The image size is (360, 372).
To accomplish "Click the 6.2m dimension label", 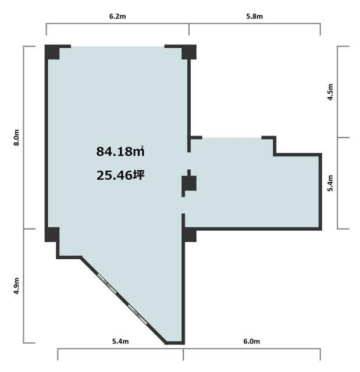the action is point(117,16).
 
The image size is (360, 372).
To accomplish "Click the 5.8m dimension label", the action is point(254,16).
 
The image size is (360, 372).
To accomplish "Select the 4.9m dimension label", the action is point(17,286).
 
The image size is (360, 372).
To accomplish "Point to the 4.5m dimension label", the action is point(330,92).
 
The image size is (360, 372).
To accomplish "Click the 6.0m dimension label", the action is point(252,341).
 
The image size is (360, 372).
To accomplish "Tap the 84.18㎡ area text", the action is point(120,152).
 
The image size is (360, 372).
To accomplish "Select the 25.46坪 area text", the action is point(120,176).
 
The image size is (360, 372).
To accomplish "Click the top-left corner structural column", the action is point(52,52).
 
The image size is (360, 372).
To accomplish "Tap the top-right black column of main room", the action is point(189,52).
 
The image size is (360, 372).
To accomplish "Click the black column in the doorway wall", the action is point(189,183).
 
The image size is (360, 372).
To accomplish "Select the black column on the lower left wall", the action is point(52,235).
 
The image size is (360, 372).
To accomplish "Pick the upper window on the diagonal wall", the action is point(107,284).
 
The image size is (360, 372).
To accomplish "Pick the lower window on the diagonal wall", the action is point(138,314).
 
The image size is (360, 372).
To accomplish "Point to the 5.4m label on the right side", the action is point(330,183).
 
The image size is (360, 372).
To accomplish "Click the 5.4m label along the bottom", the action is point(120,341).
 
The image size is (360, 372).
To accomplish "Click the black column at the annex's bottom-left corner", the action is point(189,235).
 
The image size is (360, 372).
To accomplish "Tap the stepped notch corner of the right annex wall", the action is point(275,155).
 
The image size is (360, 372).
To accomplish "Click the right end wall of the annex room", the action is point(320,192).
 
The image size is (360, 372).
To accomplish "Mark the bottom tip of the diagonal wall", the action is point(165,344).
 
